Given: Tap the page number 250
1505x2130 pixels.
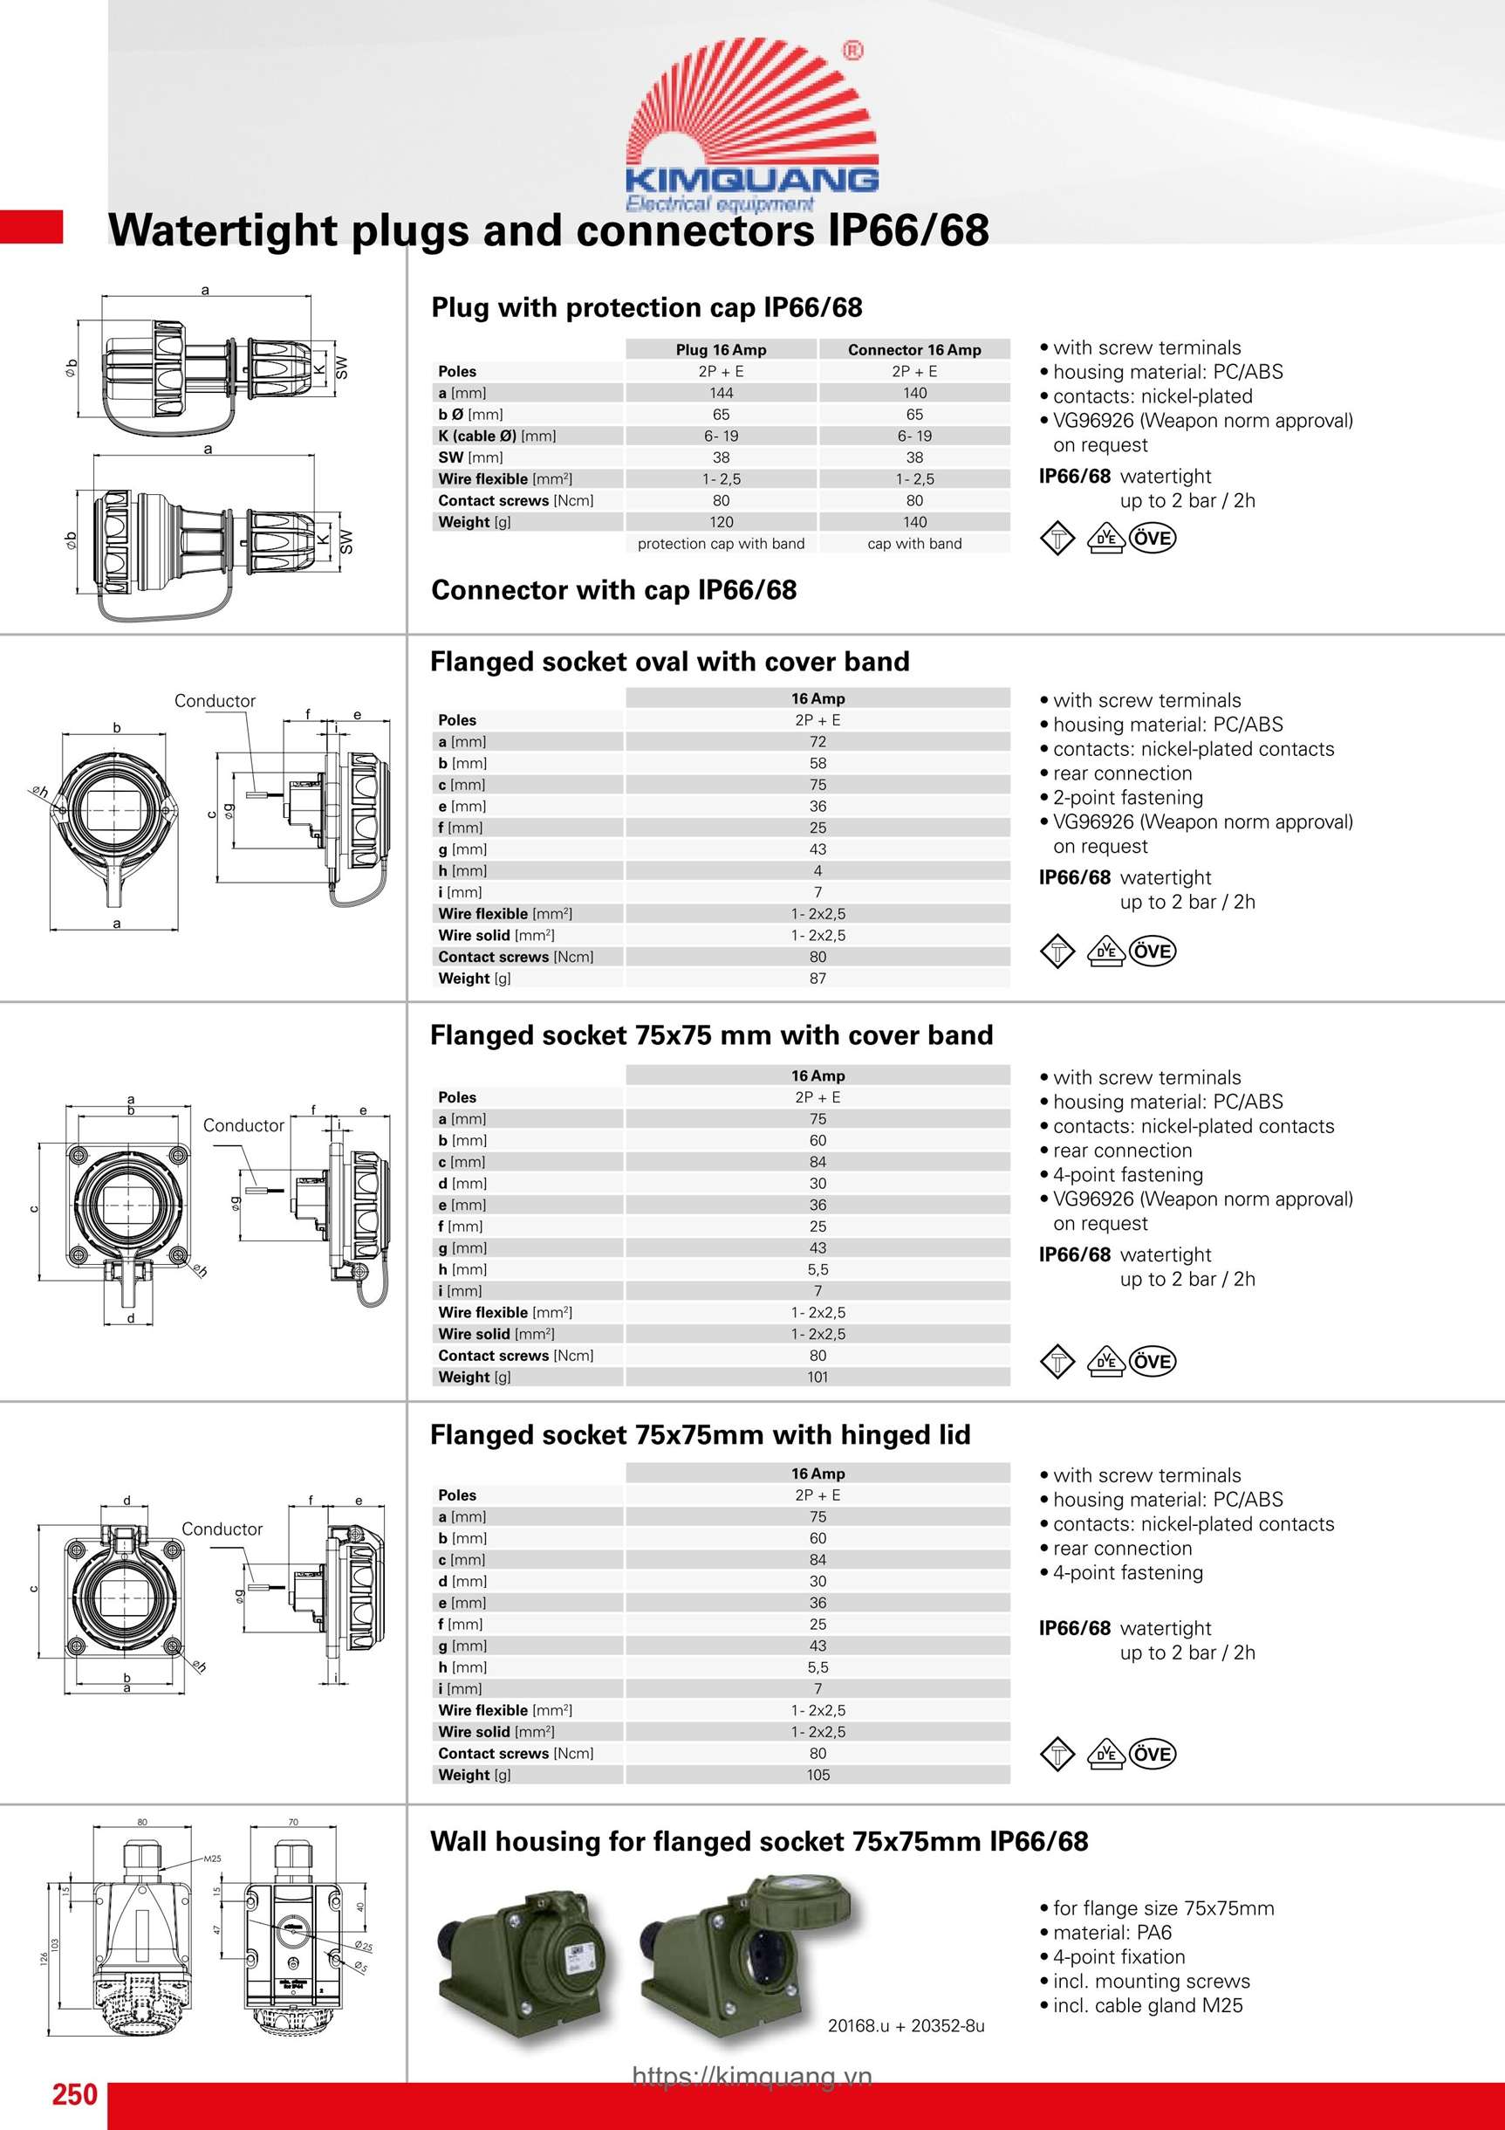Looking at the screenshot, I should coord(74,2094).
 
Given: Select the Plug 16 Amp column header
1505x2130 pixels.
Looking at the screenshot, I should coord(721,350).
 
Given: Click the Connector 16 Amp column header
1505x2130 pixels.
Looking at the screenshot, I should coord(914,350).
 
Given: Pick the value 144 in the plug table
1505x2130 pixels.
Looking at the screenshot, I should coord(721,394).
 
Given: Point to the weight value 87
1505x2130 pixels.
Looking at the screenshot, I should coord(817,978).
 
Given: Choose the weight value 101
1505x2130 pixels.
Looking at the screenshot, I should coord(817,1377).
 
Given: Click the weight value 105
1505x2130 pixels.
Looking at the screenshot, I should coord(817,1775).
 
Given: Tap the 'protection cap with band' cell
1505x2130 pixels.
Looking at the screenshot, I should coord(721,544).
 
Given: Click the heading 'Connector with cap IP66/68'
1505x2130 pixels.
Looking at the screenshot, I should coord(614,590).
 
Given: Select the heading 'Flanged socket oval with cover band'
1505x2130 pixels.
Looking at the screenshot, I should coord(669,662).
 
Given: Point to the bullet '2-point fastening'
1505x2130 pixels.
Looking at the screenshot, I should coord(1127,798).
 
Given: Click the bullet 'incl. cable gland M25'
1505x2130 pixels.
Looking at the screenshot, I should coord(1147,2006).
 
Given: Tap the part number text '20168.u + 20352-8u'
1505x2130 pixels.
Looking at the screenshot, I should coord(906,2026).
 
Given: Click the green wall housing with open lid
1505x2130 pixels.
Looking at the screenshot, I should coord(751,1955).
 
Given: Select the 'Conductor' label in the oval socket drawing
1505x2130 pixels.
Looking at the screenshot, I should coord(215,701).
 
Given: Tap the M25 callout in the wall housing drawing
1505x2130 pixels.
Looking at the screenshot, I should coord(212,1859).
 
